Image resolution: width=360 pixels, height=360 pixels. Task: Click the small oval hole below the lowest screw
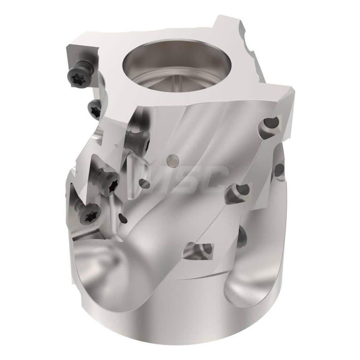pos(123,218)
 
